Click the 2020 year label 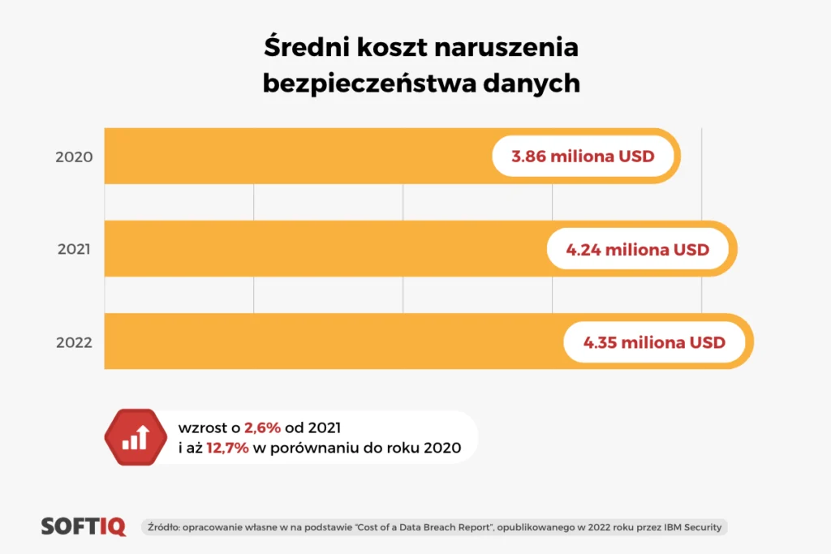74,157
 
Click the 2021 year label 74,249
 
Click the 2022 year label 74,342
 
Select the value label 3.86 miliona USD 583,157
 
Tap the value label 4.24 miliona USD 638,249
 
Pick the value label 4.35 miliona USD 654,342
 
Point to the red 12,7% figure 229,448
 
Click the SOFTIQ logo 84,526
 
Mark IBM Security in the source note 692,527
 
